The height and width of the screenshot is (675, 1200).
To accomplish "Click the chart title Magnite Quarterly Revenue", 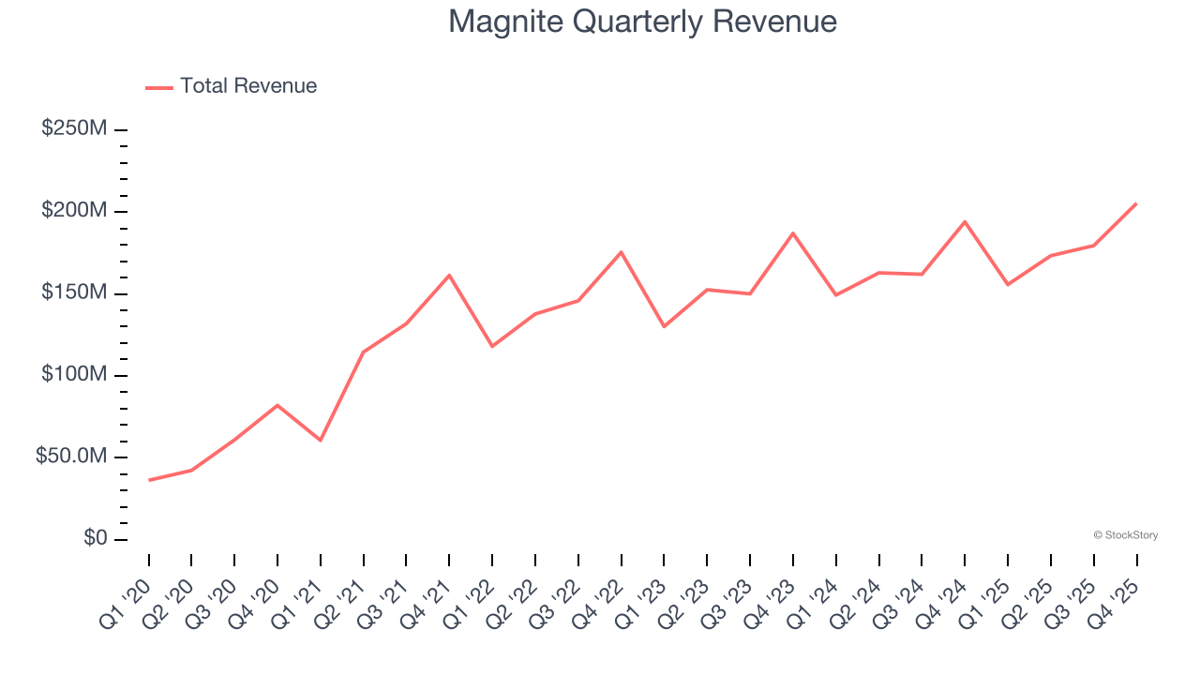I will (642, 22).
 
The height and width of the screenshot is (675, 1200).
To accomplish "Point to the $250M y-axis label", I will (74, 128).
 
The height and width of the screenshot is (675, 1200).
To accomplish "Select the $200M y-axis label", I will (74, 211).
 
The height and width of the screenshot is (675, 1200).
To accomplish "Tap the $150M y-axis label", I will (74, 292).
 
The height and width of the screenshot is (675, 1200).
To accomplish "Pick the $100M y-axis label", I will (74, 375).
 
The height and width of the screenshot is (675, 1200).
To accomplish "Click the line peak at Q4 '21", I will (449, 275).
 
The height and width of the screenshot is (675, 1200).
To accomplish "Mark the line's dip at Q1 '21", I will (321, 440).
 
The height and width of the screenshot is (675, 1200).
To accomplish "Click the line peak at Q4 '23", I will (793, 232).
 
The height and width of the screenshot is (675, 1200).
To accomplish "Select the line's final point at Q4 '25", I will (1136, 203).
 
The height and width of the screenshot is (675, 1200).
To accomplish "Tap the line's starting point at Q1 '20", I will (149, 480).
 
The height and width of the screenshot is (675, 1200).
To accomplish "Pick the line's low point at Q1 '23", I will (664, 326).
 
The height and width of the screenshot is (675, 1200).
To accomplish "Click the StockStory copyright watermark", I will (1125, 535).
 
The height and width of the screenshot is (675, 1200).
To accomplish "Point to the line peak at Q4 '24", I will (965, 221).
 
